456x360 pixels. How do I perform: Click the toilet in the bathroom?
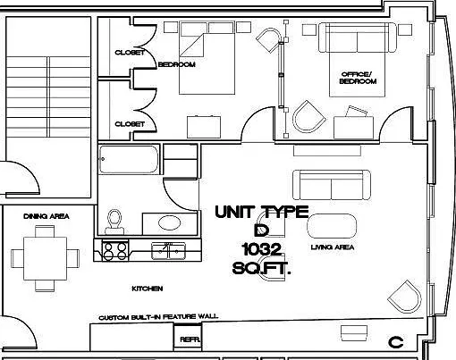(x=114, y=222)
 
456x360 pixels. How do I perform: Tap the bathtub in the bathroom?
(x=129, y=159)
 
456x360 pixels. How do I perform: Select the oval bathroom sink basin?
(x=169, y=222)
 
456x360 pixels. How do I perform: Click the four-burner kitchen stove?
(x=115, y=251)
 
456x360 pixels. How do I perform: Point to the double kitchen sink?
(x=169, y=251)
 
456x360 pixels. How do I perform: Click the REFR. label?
(x=190, y=339)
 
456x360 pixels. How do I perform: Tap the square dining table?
(x=45, y=258)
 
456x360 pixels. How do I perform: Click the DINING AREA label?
(x=46, y=216)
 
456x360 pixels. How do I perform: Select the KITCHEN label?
(x=148, y=289)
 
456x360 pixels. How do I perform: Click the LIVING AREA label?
(x=333, y=247)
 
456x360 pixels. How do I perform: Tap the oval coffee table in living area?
(x=332, y=226)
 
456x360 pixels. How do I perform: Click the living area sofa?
(x=332, y=185)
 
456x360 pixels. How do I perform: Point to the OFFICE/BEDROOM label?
(x=358, y=78)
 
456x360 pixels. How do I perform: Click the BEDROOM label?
(x=177, y=64)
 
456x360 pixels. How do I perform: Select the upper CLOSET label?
(x=130, y=53)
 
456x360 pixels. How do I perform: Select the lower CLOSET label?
(x=130, y=124)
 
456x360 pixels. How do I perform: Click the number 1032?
(x=262, y=249)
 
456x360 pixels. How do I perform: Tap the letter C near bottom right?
(x=396, y=342)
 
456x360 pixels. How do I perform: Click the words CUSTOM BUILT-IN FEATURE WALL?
(x=158, y=317)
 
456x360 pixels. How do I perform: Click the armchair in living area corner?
(x=405, y=297)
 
